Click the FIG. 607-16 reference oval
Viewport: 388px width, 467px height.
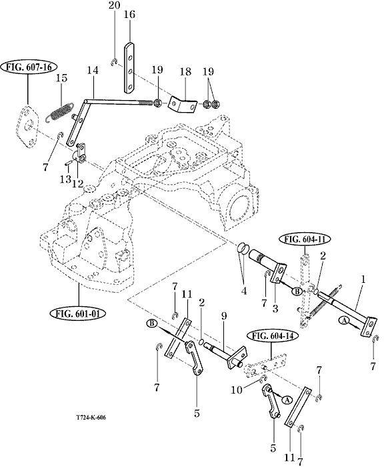point(28,67)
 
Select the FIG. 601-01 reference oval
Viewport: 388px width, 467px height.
point(78,314)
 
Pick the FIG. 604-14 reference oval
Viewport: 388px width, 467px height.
point(272,336)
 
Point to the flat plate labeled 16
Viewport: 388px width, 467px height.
point(129,67)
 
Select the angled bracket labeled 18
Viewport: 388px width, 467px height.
point(183,104)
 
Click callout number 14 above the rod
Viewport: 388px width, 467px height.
point(93,71)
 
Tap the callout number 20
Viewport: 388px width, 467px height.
point(114,5)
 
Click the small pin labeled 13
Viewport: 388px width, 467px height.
point(69,163)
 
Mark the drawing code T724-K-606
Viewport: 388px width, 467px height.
point(91,417)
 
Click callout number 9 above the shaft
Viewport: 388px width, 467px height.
point(223,316)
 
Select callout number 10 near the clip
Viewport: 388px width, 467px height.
point(237,390)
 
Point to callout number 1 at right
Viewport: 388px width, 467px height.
point(363,280)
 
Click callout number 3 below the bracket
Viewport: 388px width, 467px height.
point(275,308)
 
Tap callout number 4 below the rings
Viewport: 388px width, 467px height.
point(244,290)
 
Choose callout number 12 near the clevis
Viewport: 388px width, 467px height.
point(77,183)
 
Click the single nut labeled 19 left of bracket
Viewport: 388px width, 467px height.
point(157,103)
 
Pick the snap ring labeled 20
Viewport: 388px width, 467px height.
point(113,62)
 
